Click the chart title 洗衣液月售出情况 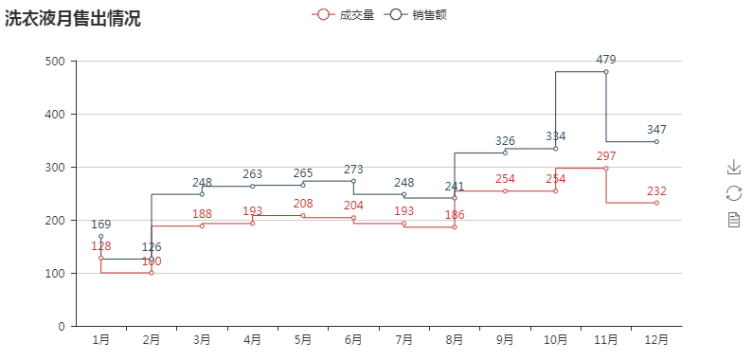coord(73,18)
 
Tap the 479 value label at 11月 coord(606,60)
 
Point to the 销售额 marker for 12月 coord(656,142)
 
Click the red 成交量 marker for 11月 coord(606,169)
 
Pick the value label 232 coord(656,191)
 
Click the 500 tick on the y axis coord(55,62)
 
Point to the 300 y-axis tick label coord(55,168)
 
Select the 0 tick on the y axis coord(61,326)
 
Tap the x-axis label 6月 coord(353,339)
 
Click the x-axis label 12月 coord(656,339)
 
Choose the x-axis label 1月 coord(100,339)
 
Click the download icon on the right coord(733,167)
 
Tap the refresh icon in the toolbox coord(733,193)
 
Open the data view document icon coord(733,220)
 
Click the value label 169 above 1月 coord(100,225)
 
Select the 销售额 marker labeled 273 coord(353,181)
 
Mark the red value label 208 coord(303,204)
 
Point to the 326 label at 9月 coord(505,141)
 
